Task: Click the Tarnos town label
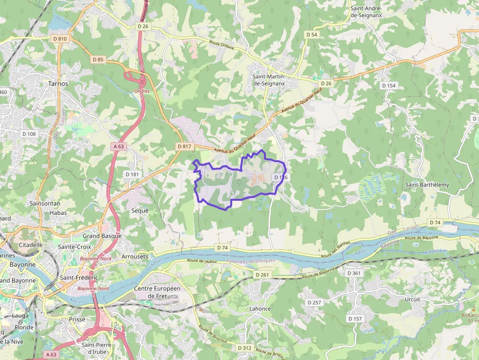[58, 84]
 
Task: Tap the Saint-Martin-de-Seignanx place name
[269, 80]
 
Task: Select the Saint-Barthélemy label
[427, 185]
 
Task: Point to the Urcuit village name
[412, 299]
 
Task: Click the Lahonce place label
[260, 309]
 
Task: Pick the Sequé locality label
[140, 211]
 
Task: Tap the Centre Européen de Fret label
[157, 292]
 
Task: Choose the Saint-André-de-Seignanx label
[366, 12]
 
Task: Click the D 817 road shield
[184, 147]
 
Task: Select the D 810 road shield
[59, 39]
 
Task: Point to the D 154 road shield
[389, 85]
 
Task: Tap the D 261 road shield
[262, 275]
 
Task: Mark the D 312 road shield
[244, 348]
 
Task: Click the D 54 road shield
[311, 35]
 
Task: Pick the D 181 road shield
[132, 174]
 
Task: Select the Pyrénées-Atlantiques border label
[251, 261]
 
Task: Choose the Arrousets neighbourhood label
[134, 256]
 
